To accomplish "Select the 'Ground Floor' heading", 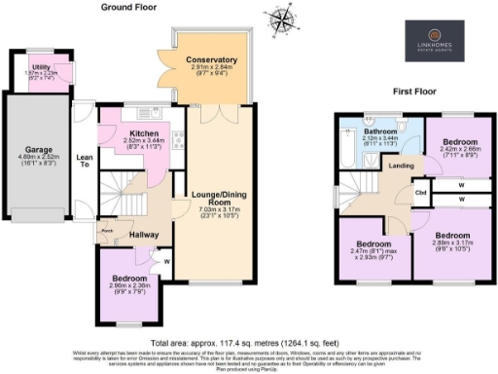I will (129, 7).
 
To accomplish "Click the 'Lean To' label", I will (84, 164).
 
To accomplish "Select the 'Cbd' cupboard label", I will (419, 191).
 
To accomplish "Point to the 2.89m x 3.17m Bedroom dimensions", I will (450, 243).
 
